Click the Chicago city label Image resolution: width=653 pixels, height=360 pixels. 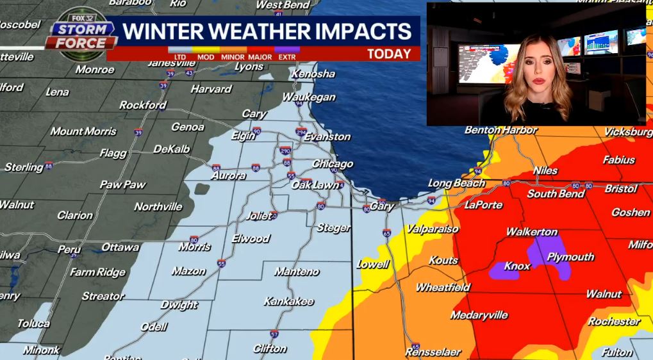(332, 164)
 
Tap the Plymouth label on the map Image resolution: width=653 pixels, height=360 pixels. (570, 257)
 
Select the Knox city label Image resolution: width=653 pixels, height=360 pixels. (517, 266)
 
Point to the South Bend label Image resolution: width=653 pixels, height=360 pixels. (556, 193)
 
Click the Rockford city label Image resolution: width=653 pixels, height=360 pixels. (142, 105)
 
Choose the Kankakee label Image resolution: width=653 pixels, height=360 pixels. (288, 301)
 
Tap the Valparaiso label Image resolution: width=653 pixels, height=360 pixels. (432, 229)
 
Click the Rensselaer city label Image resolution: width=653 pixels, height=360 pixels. (433, 352)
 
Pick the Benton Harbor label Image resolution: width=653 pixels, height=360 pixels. (500, 130)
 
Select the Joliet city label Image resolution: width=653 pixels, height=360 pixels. (259, 216)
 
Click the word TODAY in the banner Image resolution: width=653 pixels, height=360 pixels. (389, 54)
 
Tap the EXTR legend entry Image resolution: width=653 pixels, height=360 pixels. (286, 57)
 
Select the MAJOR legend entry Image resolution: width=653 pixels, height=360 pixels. (260, 57)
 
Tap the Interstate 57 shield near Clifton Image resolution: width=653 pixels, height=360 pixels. (274, 334)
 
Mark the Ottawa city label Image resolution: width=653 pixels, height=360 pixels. (120, 247)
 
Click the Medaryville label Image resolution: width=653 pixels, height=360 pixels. (479, 315)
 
